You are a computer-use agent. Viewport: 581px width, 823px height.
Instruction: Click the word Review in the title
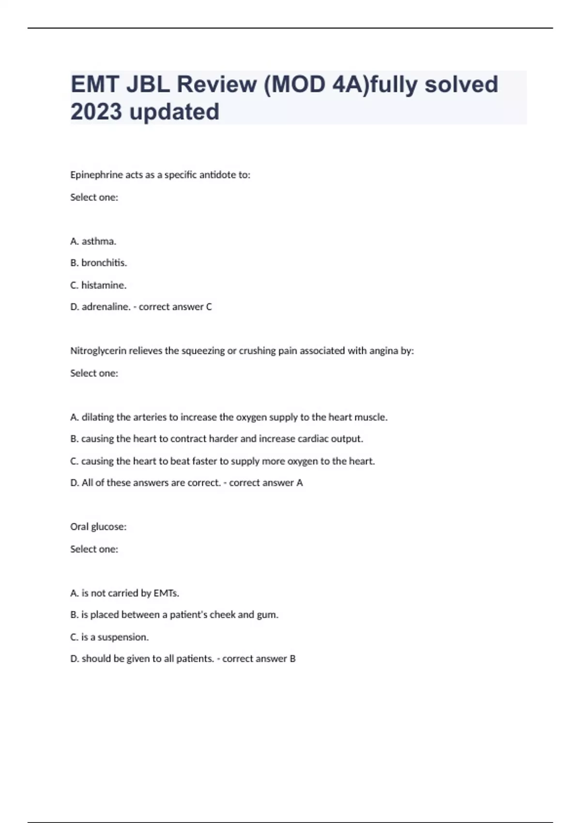click(x=216, y=84)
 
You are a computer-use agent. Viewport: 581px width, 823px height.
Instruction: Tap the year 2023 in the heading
click(x=96, y=112)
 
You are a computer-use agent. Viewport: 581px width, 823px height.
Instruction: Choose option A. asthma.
click(x=93, y=241)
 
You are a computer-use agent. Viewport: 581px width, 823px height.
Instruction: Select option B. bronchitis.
click(x=98, y=263)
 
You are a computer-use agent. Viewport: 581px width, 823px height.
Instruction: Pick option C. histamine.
click(x=98, y=285)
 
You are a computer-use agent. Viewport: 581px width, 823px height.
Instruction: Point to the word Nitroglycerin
click(x=99, y=351)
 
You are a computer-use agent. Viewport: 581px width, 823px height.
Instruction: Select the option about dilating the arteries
click(x=229, y=417)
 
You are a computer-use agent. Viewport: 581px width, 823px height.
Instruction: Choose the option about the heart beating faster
click(x=222, y=461)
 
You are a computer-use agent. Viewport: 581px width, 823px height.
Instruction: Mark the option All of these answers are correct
click(x=145, y=483)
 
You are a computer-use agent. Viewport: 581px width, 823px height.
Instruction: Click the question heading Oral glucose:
click(x=98, y=527)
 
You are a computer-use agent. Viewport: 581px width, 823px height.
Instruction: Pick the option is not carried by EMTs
click(x=124, y=593)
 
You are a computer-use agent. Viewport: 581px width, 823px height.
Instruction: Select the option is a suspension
click(x=109, y=637)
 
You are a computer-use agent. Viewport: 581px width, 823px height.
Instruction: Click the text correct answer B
click(x=259, y=659)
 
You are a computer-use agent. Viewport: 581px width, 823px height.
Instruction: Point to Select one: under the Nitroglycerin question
click(x=94, y=373)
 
